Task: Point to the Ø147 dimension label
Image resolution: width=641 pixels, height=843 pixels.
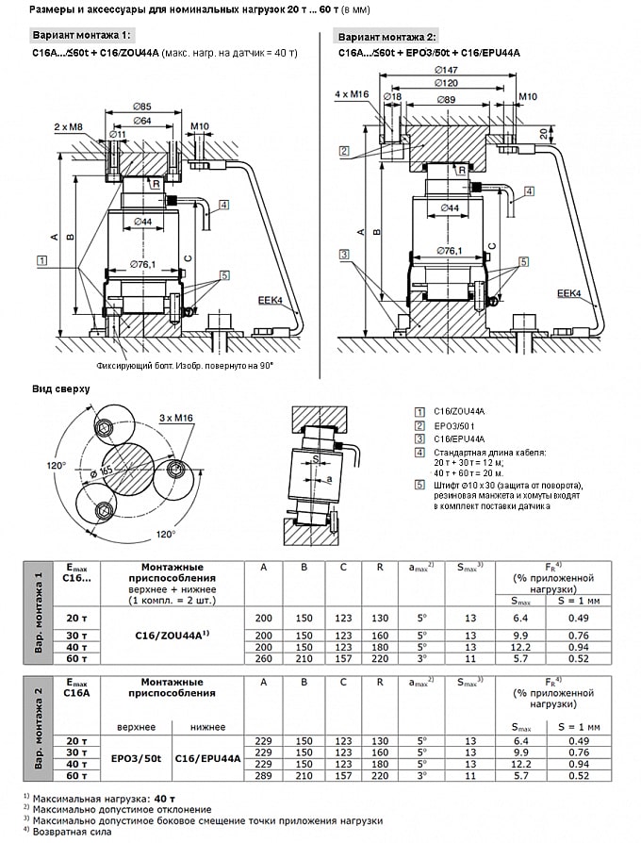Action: tap(449, 70)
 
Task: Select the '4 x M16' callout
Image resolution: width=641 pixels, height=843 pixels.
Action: tap(353, 95)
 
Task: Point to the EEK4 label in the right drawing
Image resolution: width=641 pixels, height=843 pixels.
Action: tap(568, 293)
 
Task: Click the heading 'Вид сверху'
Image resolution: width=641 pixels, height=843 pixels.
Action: tap(61, 388)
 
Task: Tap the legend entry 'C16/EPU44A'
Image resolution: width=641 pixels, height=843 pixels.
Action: tap(459, 439)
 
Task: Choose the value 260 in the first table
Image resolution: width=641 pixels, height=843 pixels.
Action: tap(263, 659)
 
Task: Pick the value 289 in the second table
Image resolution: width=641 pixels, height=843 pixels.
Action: tap(263, 775)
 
